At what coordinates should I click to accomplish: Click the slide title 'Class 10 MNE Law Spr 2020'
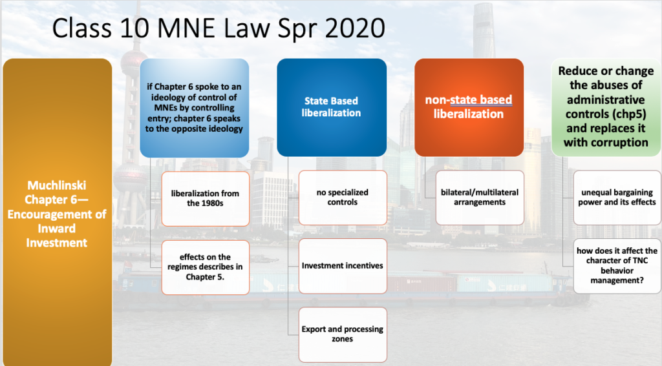tap(219, 28)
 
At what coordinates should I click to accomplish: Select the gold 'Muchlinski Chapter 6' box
tap(57, 212)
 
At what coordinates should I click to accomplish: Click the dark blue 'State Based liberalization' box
tap(332, 108)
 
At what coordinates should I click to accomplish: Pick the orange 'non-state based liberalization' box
tap(469, 108)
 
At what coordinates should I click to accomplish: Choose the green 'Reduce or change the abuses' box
tap(606, 108)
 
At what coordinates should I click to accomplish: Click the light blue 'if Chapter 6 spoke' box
tap(194, 108)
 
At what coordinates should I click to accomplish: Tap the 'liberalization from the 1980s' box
tap(205, 199)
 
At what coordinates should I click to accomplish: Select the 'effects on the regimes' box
tap(205, 267)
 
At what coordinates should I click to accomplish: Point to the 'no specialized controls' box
tap(343, 198)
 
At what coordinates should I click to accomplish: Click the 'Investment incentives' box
tap(343, 266)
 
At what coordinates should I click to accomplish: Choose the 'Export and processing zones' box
tap(343, 334)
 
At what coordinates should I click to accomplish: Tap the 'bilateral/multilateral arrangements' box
tap(480, 198)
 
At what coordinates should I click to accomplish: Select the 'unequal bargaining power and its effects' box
tap(617, 198)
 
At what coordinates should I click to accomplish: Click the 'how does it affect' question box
tap(617, 266)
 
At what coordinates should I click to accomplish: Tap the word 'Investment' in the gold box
tap(57, 243)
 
